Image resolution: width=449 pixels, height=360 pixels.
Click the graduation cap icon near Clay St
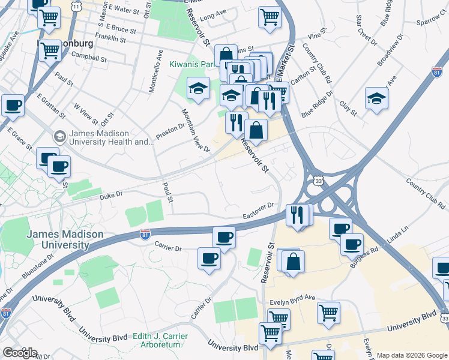pos(376,98)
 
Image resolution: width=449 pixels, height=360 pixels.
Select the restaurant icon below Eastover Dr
pos(297,214)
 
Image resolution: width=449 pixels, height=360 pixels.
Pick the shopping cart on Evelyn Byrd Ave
pos(328,312)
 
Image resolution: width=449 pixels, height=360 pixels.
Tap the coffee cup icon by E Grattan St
pos(12,106)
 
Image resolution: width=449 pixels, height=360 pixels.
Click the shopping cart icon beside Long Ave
pos(270,17)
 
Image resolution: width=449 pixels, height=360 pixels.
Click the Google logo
pos(20,353)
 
